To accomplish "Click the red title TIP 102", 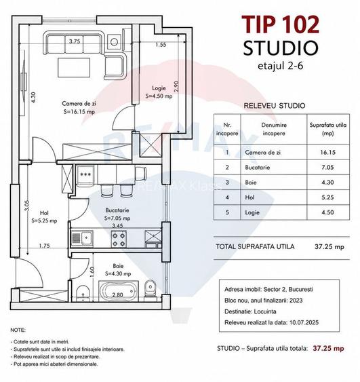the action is coord(281,24).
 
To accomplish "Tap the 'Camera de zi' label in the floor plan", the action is coord(79,104).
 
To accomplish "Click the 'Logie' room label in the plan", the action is coord(159,88).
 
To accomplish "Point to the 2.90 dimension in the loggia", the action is coord(177,86).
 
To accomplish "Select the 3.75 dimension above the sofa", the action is coord(75,41).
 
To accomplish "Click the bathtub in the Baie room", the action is coord(118,290).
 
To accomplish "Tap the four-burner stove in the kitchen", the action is coord(119,239).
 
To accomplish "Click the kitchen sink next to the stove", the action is coord(87,237).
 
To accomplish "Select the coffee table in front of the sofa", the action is coord(74,67).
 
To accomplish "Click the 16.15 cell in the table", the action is coord(327,153).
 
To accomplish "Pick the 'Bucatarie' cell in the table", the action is coord(257,168).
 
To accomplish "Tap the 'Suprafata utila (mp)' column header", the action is coord(328,129).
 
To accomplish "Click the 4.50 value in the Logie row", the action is coord(327,212).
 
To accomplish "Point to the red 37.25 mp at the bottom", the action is coord(328,348).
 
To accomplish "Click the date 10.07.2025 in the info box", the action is coord(304,322).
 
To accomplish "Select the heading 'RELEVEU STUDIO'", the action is coord(275,106).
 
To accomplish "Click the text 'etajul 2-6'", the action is coord(281,66).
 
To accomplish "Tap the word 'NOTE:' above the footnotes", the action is coord(18,330).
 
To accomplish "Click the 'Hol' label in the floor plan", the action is coord(44,213).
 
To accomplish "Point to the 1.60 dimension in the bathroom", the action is coord(92,271).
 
